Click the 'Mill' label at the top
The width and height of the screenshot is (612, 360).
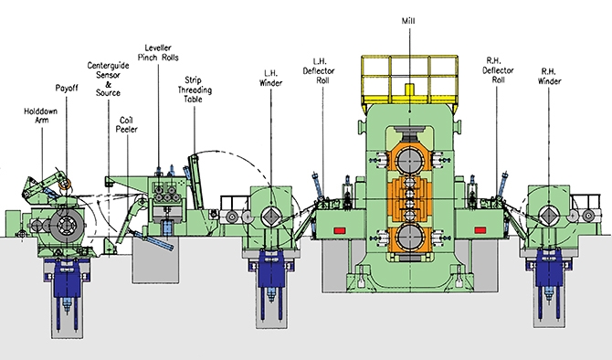pyautogui.click(x=408, y=21)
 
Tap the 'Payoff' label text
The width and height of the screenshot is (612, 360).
pyautogui.click(x=67, y=88)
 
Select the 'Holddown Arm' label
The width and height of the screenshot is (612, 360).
pyautogui.click(x=41, y=115)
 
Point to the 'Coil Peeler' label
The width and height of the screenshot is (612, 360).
pyautogui.click(x=126, y=124)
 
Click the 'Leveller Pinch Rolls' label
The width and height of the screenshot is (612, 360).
pyautogui.click(x=158, y=53)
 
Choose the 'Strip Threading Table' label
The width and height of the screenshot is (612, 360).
pyautogui.click(x=195, y=90)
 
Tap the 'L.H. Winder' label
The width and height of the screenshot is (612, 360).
pyautogui.click(x=271, y=78)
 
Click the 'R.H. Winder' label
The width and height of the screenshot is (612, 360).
pyautogui.click(x=550, y=76)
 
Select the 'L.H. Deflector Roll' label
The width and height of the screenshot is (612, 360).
pyautogui.click(x=319, y=70)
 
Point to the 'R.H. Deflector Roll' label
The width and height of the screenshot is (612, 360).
pyautogui.click(x=498, y=69)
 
